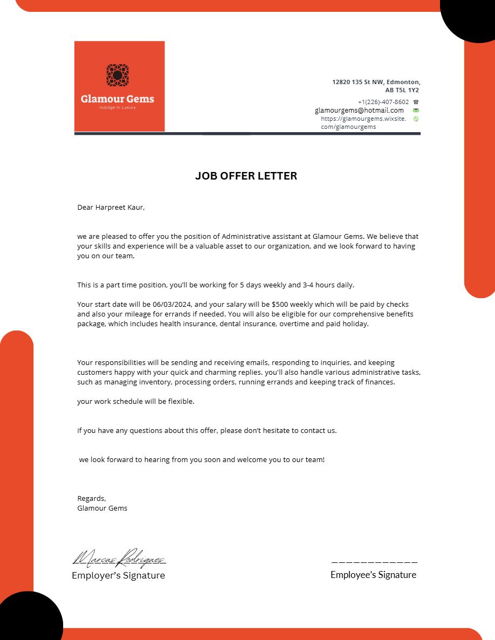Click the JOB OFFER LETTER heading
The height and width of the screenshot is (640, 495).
(x=246, y=176)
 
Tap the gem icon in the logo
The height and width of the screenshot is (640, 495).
(x=117, y=75)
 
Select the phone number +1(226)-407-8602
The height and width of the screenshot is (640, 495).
(x=383, y=102)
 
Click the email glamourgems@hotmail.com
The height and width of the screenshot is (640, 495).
(x=359, y=111)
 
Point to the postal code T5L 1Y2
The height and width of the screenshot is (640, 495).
(x=407, y=91)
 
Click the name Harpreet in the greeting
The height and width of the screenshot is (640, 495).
(x=111, y=207)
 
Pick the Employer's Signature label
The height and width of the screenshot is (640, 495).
(x=119, y=575)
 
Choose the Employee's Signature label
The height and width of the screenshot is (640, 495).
(x=373, y=575)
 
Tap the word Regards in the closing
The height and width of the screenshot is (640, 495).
(x=91, y=498)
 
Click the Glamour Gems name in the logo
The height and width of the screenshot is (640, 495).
(x=118, y=99)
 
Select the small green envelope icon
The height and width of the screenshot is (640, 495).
(x=416, y=111)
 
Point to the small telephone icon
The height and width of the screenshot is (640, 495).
(x=416, y=102)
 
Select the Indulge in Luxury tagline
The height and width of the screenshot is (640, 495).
(x=117, y=108)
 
